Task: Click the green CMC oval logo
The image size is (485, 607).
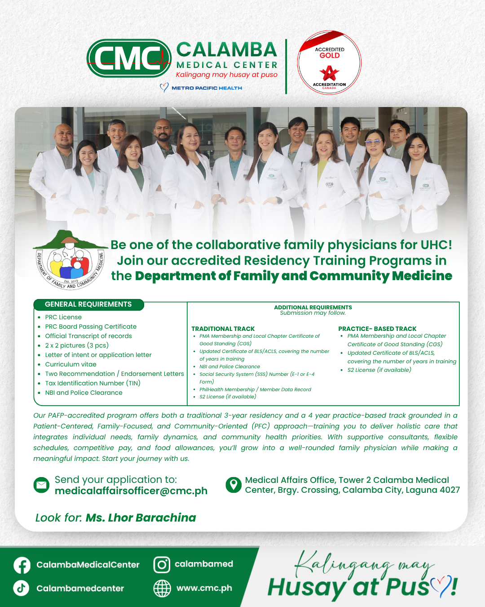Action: pyautogui.click(x=129, y=58)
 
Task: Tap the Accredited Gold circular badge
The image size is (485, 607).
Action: pyautogui.click(x=329, y=63)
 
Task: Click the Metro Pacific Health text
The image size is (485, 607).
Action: pyautogui.click(x=207, y=88)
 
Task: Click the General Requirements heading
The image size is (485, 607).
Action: pyautogui.click(x=88, y=304)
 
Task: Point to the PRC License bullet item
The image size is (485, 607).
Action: pyautogui.click(x=63, y=317)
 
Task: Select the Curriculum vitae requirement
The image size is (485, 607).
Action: pyautogui.click(x=71, y=364)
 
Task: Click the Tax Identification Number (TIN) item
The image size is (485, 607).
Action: pyautogui.click(x=93, y=383)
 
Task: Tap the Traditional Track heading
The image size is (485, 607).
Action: pyautogui.click(x=223, y=329)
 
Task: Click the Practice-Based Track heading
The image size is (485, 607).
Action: pyautogui.click(x=377, y=329)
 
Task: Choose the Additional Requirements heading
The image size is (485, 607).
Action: pyautogui.click(x=313, y=308)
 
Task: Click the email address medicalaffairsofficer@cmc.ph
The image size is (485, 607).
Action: pyautogui.click(x=131, y=491)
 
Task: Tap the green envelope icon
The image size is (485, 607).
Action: pyautogui.click(x=42, y=485)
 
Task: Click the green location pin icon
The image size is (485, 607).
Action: pyautogui.click(x=234, y=485)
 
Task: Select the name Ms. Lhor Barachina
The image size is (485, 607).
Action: pyautogui.click(x=141, y=518)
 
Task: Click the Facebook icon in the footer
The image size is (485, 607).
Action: pyautogui.click(x=22, y=565)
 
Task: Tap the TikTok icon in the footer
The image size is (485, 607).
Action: pyautogui.click(x=21, y=588)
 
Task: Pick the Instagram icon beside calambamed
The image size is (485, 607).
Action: pyautogui.click(x=162, y=565)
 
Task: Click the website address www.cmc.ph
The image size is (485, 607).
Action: pyautogui.click(x=204, y=588)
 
